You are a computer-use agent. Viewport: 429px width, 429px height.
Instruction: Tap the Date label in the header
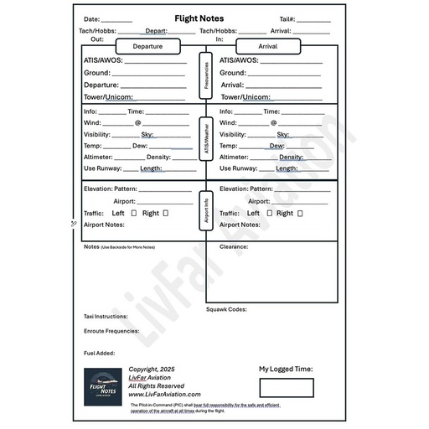click(x=91, y=19)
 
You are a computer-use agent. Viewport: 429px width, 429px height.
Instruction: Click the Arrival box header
click(x=268, y=46)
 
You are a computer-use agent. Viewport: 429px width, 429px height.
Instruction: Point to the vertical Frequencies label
click(x=205, y=76)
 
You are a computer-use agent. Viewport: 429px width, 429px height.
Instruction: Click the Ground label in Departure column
click(x=97, y=73)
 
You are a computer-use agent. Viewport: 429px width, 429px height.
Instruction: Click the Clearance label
click(x=234, y=247)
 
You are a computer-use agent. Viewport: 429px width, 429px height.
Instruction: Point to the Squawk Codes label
click(x=226, y=309)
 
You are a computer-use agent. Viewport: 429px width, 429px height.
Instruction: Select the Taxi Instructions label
click(x=106, y=317)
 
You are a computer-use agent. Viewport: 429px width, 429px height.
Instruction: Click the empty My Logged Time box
click(x=286, y=387)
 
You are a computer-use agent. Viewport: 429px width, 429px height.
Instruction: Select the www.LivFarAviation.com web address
click(x=164, y=394)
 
